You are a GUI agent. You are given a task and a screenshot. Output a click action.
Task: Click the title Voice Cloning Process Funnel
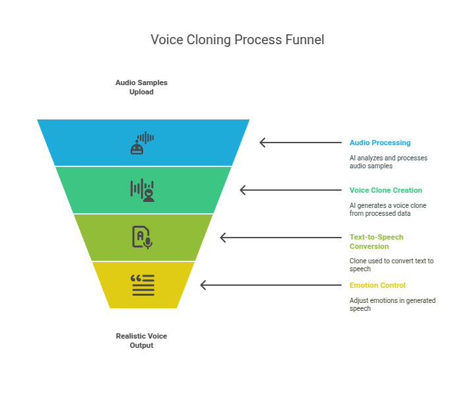(x=237, y=40)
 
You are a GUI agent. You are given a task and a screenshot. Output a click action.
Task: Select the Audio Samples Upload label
(x=141, y=87)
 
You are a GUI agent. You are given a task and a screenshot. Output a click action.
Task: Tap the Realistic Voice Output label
(x=141, y=341)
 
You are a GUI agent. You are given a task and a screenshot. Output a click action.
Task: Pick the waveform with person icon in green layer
(x=142, y=190)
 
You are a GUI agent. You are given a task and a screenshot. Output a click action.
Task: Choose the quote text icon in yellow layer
(x=142, y=284)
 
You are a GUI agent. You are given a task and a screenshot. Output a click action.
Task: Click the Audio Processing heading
(x=379, y=143)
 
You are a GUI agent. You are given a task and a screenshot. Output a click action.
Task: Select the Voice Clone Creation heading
(x=385, y=190)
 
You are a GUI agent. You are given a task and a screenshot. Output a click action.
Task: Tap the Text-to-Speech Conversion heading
(x=376, y=242)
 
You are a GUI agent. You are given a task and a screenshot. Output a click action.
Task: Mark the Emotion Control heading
(x=377, y=285)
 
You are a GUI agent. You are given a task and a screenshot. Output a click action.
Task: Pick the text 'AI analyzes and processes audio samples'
(x=388, y=162)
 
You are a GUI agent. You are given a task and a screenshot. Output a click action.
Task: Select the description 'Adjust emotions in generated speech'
(x=392, y=304)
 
